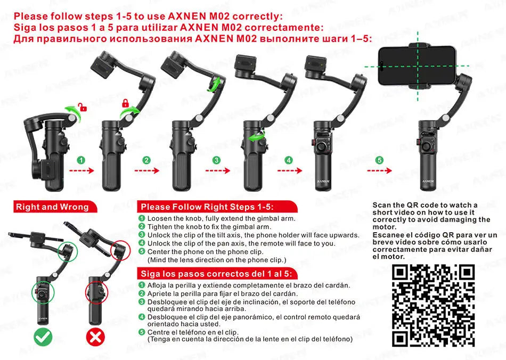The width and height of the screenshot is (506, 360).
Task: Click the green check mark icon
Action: point(43,337)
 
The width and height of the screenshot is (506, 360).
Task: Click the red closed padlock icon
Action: point(126,103)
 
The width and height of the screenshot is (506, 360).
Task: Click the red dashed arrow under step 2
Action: point(146,171)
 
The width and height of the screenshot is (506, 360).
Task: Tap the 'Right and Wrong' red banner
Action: point(52,207)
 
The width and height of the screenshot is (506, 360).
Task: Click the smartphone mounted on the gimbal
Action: point(417,66)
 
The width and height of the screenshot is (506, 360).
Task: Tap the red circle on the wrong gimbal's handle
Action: point(94,293)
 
